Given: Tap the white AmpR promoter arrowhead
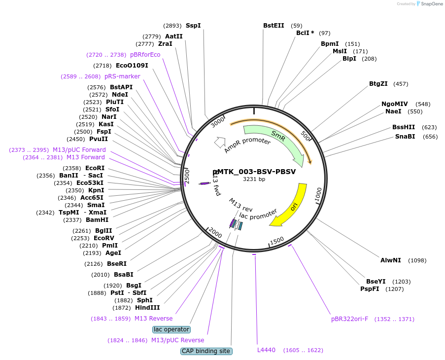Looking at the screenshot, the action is click(x=220, y=143).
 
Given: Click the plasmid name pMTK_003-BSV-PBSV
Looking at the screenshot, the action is click(x=254, y=172).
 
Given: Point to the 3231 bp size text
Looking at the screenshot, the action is click(x=254, y=179).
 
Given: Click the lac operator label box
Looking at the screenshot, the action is click(x=171, y=329).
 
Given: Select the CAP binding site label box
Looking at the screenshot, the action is click(x=206, y=351).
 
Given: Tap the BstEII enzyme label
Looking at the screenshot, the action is click(x=274, y=26).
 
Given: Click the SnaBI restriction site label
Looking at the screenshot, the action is click(x=405, y=137).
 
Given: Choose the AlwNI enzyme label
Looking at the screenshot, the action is click(x=390, y=260).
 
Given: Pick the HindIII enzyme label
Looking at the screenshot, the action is click(x=147, y=308).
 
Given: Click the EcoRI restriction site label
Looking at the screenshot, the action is click(x=95, y=168).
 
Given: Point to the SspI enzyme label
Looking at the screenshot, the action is click(x=193, y=26).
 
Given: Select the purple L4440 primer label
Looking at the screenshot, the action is click(x=266, y=350).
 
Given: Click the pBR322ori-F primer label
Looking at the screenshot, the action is click(x=350, y=319).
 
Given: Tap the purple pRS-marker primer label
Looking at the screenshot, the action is click(x=122, y=76).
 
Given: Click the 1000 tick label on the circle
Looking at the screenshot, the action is click(x=319, y=195).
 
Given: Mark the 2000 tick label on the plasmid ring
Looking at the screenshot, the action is click(x=215, y=233).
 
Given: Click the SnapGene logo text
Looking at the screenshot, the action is click(x=432, y=3).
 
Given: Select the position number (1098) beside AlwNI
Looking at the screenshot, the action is click(x=417, y=260).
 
